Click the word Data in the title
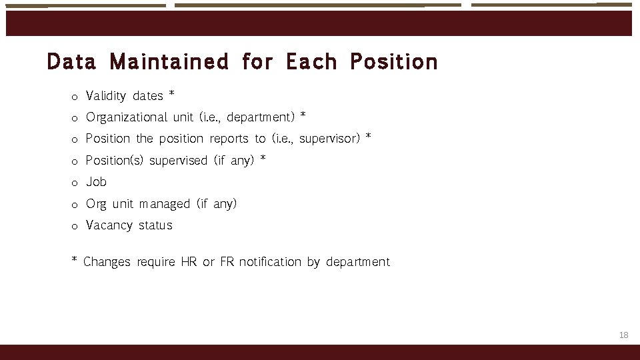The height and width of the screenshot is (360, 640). click(x=71, y=62)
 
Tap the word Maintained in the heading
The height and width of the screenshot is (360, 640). click(x=169, y=62)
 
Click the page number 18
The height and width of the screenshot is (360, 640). click(x=623, y=335)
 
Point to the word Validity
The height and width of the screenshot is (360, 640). click(x=106, y=96)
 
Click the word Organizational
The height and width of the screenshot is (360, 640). click(x=127, y=117)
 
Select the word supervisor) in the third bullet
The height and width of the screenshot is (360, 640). click(x=329, y=139)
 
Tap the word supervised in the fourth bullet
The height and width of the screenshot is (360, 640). click(x=178, y=161)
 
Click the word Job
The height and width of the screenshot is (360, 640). click(x=96, y=182)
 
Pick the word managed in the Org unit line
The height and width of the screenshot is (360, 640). click(x=165, y=203)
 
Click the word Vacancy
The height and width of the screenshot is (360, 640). click(x=109, y=225)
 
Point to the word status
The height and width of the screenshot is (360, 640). click(x=155, y=225)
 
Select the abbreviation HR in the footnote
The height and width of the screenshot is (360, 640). click(x=188, y=262)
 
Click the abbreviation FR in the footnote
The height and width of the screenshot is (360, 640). click(x=227, y=262)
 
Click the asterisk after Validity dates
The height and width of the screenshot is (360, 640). click(x=172, y=94)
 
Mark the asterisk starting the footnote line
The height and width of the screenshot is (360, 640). click(x=75, y=260)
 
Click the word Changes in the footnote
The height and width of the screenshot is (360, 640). click(x=107, y=262)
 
